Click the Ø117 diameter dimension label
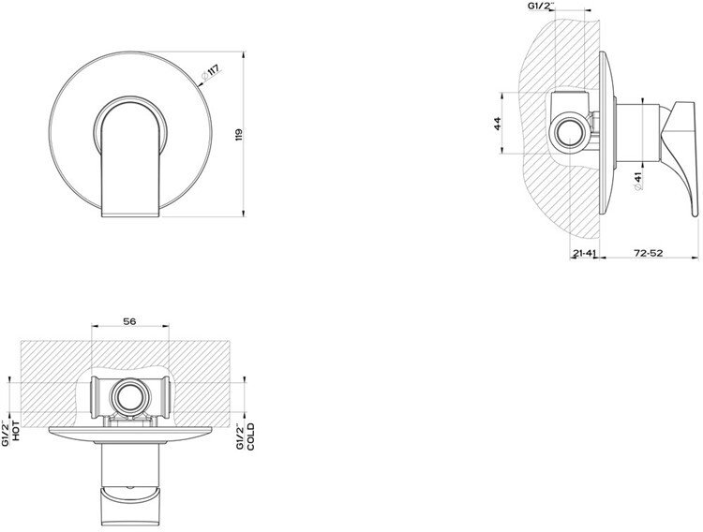point(210,73)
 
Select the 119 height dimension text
point(238,135)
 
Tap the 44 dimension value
point(497,124)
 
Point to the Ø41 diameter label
point(638,183)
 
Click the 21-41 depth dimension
point(585,253)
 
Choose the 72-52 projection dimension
point(649,253)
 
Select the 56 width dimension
point(129,321)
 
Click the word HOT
point(16,431)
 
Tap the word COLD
point(250,436)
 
